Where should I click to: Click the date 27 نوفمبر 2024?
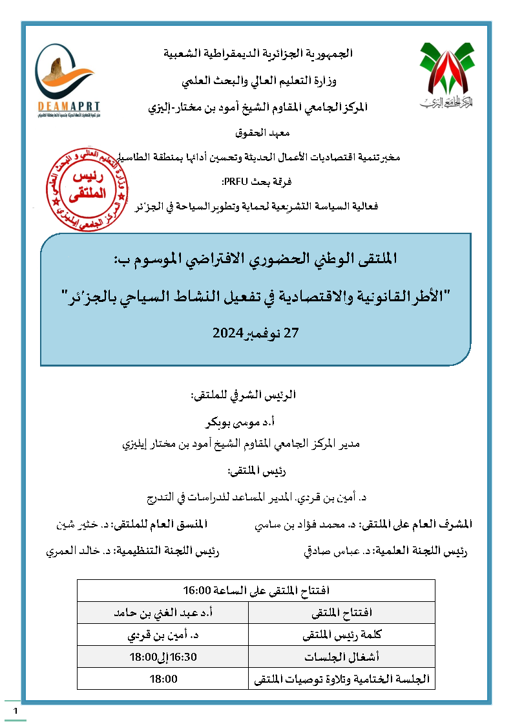[x=256, y=334]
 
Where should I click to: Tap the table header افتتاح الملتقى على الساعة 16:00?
[x=256, y=591]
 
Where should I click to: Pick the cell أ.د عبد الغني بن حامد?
[x=163, y=612]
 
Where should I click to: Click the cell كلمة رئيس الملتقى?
[x=341, y=635]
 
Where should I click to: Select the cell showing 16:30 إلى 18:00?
[x=163, y=657]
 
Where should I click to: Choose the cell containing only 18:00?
[x=163, y=679]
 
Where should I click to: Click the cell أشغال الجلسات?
[x=341, y=657]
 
